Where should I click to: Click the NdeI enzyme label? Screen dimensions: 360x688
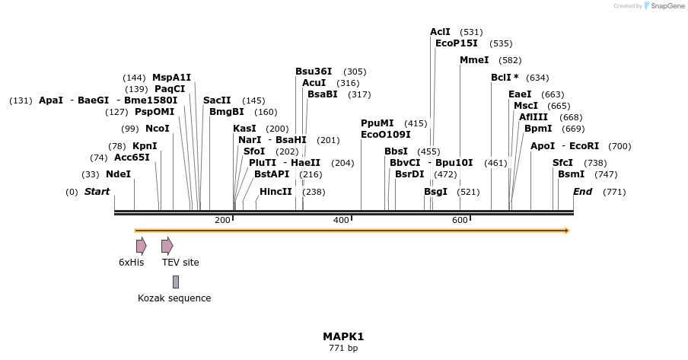tap(118, 174)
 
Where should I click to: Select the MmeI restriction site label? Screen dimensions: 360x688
tap(474, 60)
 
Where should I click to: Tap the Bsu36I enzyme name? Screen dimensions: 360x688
tap(314, 72)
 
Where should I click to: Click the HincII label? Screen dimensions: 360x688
tap(276, 192)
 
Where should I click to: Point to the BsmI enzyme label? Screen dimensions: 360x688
tap(571, 174)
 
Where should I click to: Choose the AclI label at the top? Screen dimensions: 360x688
tap(440, 32)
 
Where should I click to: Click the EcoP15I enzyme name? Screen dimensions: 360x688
tap(457, 43)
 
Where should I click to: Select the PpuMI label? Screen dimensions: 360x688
tap(377, 123)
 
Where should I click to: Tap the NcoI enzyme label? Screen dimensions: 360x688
tap(158, 129)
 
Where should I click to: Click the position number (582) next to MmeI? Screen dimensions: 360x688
tap(510, 60)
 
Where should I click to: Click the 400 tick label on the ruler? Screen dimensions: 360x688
tap(341, 220)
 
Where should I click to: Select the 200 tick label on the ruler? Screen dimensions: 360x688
tap(222, 220)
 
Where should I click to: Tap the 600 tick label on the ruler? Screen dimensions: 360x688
tap(460, 220)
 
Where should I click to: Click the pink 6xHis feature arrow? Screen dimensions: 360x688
tap(141, 246)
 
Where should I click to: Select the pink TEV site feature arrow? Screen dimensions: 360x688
tap(167, 246)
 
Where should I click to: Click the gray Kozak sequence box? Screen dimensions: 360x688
tap(176, 282)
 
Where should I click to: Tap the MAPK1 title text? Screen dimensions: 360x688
tap(343, 336)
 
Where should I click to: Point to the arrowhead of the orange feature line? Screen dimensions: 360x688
tap(566, 231)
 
